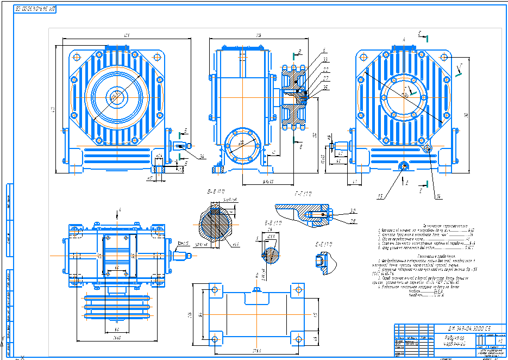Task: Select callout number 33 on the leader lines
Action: click(325, 60)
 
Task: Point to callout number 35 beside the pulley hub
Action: click(325, 87)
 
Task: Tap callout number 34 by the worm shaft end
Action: click(202, 157)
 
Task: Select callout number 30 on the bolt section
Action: click(353, 211)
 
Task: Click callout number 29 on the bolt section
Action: click(353, 221)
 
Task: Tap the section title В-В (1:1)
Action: click(216, 191)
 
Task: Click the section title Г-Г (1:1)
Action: click(303, 194)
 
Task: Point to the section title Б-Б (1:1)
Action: click(273, 223)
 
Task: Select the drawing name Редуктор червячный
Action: click(456, 341)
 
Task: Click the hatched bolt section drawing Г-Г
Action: click(304, 214)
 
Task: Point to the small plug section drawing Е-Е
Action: click(320, 261)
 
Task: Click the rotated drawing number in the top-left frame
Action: click(36, 9)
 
